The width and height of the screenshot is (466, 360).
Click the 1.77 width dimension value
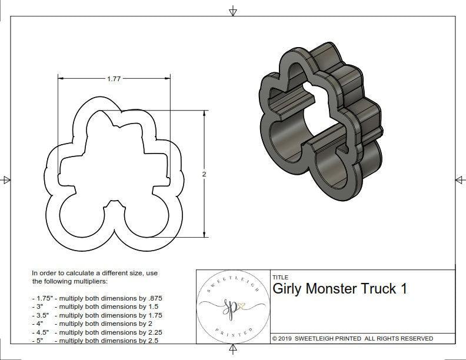pyautogui.click(x=114, y=78)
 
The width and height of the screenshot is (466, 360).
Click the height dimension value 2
pyautogui.click(x=204, y=174)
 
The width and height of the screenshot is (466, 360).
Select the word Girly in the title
pyautogui.click(x=289, y=289)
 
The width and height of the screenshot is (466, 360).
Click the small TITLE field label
pyautogui.click(x=280, y=277)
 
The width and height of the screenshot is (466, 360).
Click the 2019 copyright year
pyautogui.click(x=285, y=339)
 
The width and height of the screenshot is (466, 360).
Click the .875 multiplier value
pyautogui.click(x=154, y=298)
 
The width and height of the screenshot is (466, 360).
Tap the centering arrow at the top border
pyautogui.click(x=233, y=11)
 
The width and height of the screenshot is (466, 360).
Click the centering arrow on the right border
pyautogui.click(x=459, y=179)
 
